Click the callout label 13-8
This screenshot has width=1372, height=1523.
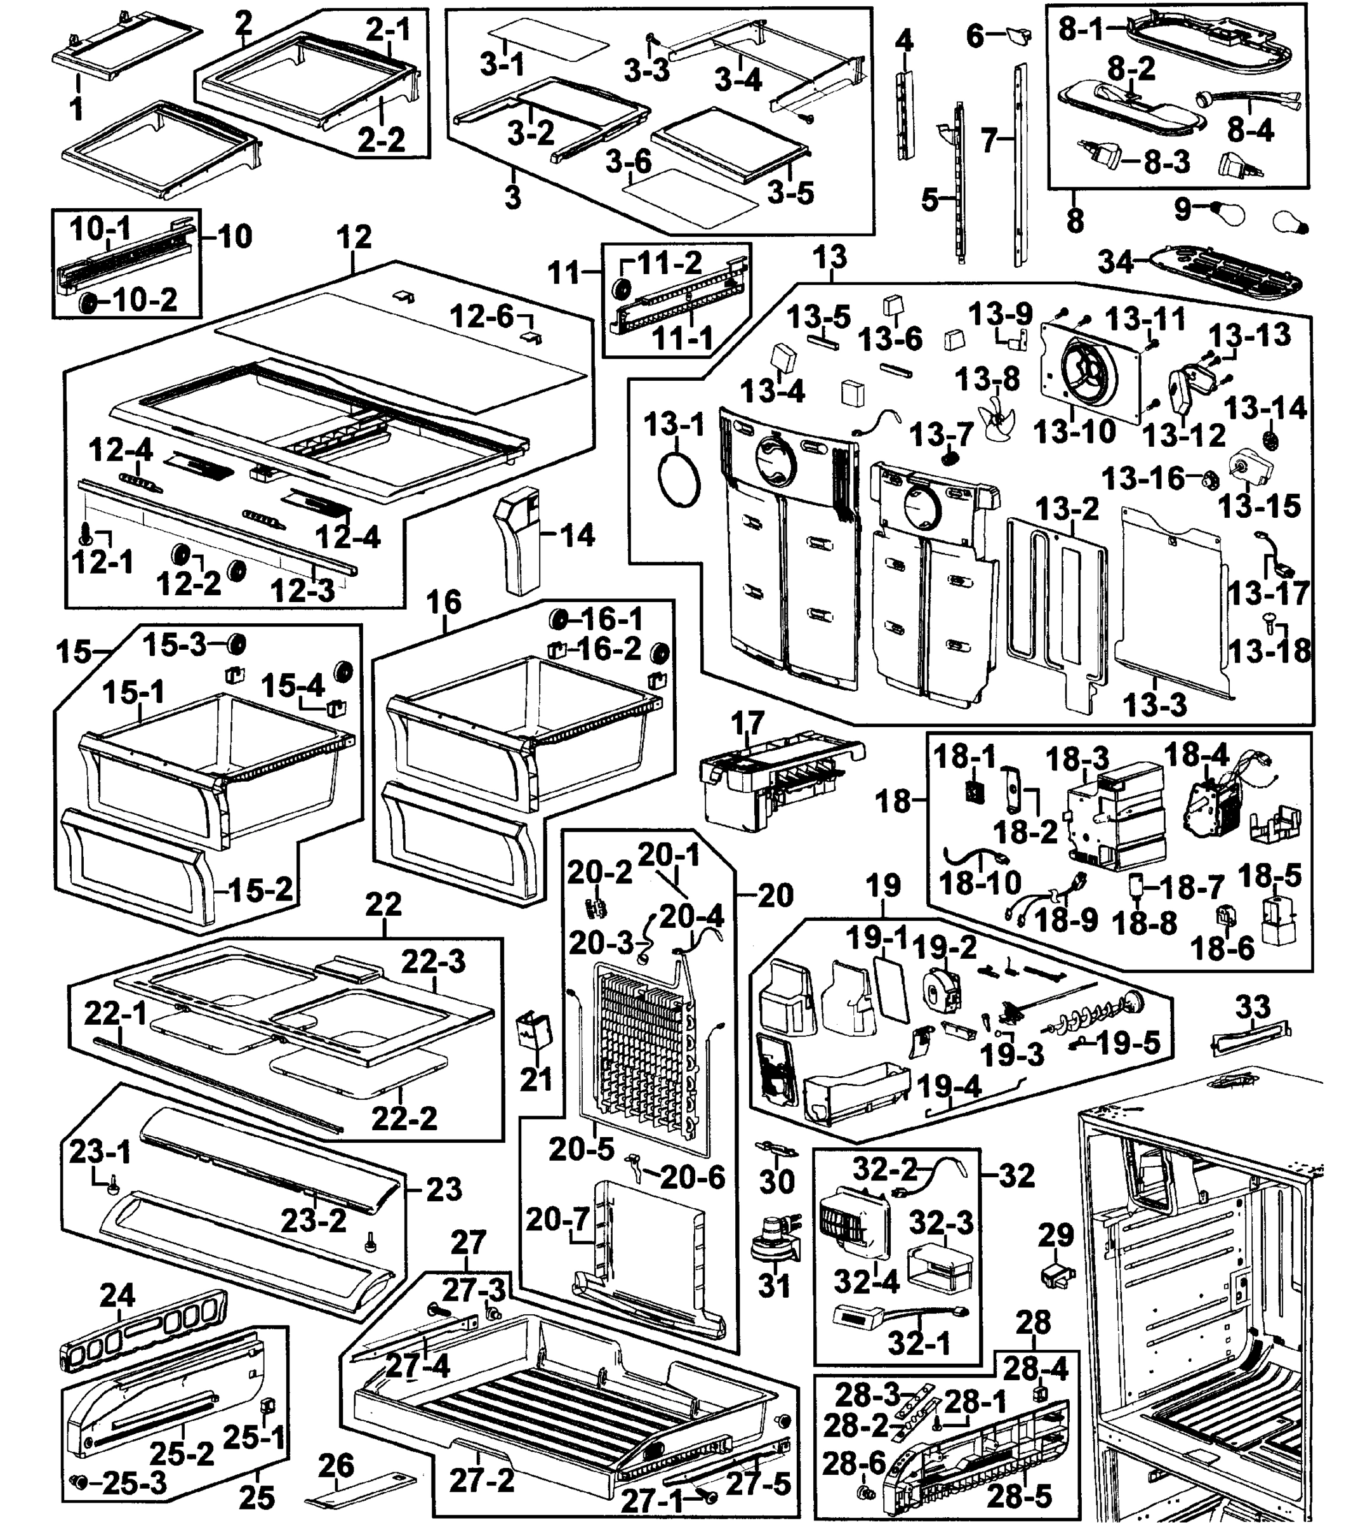click(x=987, y=379)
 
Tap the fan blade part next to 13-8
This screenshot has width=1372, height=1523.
click(x=996, y=418)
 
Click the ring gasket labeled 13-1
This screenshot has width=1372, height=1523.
click(x=679, y=478)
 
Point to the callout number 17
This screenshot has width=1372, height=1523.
click(x=747, y=723)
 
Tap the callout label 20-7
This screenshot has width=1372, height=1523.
click(x=557, y=1219)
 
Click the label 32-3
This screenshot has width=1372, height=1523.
click(x=941, y=1222)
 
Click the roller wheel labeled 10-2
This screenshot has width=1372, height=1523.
click(x=88, y=303)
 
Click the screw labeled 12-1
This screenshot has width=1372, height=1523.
click(x=85, y=534)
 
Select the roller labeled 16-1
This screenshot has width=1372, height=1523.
click(x=560, y=619)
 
